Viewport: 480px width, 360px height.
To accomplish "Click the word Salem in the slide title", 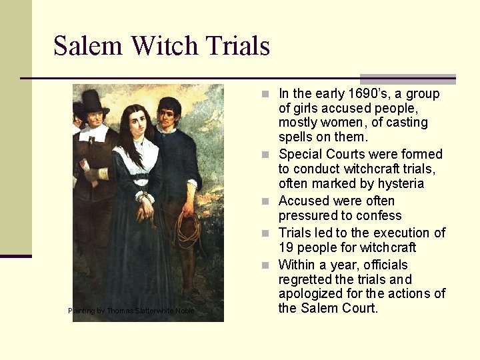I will coord(89,46).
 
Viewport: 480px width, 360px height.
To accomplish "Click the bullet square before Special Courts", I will coord(266,155).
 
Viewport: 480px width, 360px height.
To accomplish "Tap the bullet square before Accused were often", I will coord(266,201).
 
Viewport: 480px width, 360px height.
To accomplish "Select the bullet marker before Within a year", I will coord(266,265).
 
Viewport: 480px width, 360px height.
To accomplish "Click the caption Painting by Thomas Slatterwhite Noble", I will coord(131,311).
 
